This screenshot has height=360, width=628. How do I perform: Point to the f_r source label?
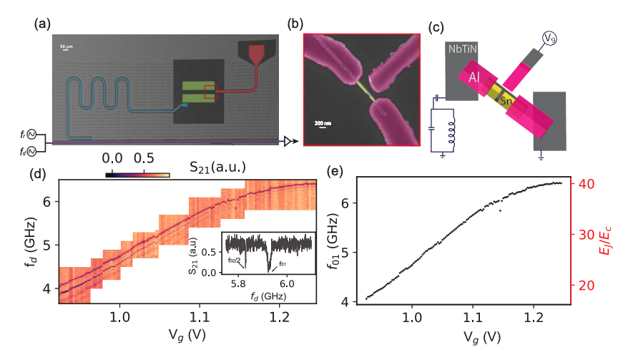25,133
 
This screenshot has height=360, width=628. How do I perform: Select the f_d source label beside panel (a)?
25,150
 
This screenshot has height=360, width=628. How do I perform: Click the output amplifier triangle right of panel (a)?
288,142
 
